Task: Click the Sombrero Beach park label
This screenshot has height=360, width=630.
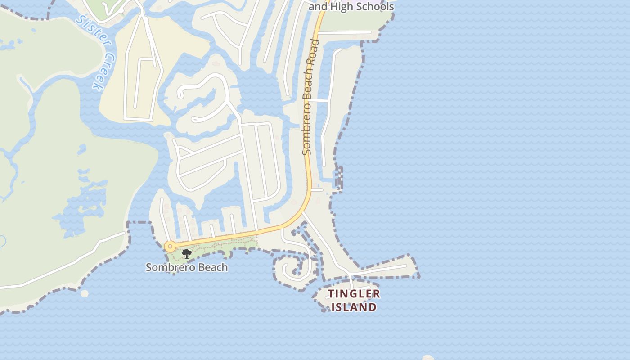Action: pyautogui.click(x=187, y=267)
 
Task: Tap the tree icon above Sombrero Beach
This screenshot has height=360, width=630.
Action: pyautogui.click(x=186, y=254)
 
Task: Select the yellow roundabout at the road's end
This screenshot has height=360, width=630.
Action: pyautogui.click(x=170, y=247)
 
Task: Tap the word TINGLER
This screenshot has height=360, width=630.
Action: pyautogui.click(x=354, y=294)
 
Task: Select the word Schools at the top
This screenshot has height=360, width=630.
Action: pyautogui.click(x=375, y=6)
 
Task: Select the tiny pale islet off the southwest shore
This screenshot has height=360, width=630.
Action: pyautogui.click(x=84, y=293)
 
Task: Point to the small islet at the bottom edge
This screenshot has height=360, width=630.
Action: pyautogui.click(x=427, y=358)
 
